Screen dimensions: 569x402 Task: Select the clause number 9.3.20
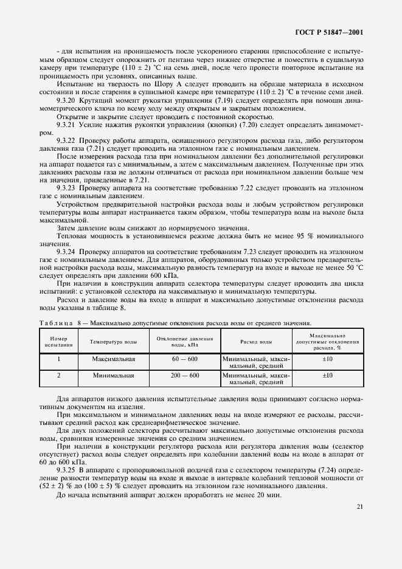pyautogui.click(x=68, y=100)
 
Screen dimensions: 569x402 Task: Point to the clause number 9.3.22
pyautogui.click(x=68, y=140)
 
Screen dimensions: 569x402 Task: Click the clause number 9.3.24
pyautogui.click(x=68, y=250)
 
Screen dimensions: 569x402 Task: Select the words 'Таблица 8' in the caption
pyautogui.click(x=60, y=323)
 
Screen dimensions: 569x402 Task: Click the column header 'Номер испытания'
pyautogui.click(x=58, y=342)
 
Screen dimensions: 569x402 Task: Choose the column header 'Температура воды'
pyautogui.click(x=114, y=342)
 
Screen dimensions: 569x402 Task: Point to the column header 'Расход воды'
pyautogui.click(x=256, y=342)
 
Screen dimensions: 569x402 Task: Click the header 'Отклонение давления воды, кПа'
pyautogui.click(x=185, y=342)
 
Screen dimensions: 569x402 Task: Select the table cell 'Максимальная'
pyautogui.click(x=114, y=359)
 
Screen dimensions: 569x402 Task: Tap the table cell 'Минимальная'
pyautogui.click(x=114, y=376)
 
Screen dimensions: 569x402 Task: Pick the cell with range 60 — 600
pyautogui.click(x=185, y=359)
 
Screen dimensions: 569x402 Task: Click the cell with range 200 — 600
pyautogui.click(x=185, y=376)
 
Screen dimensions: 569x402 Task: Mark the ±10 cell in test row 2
pyautogui.click(x=328, y=376)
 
